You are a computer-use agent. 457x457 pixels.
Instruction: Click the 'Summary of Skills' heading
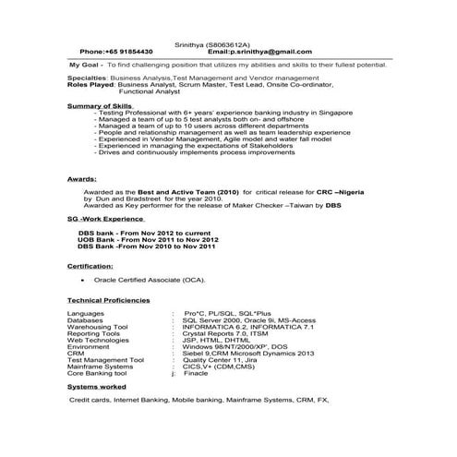point(99,106)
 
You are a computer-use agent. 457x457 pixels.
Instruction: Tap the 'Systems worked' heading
point(90,387)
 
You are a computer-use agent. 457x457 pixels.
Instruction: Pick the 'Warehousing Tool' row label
point(98,326)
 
